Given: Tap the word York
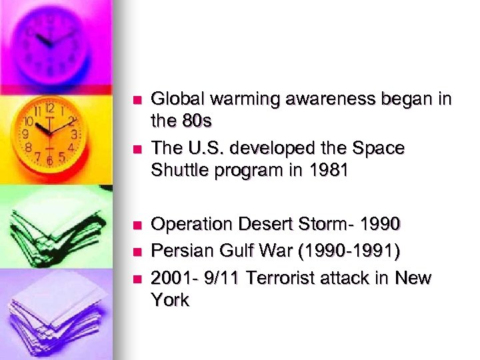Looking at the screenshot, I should coord(171,300).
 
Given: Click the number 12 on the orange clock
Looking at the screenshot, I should coord(49,107).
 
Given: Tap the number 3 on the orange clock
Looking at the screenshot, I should coord(75,133).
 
